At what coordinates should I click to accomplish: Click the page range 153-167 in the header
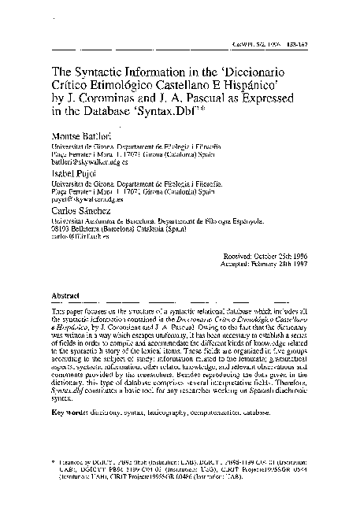click(313, 47)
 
